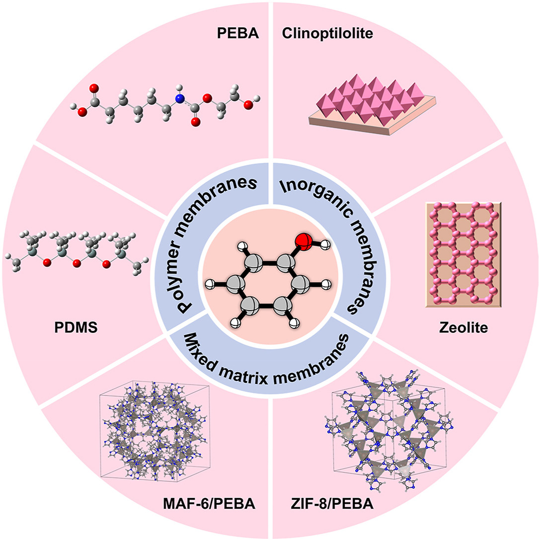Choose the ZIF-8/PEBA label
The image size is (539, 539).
tap(332, 505)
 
